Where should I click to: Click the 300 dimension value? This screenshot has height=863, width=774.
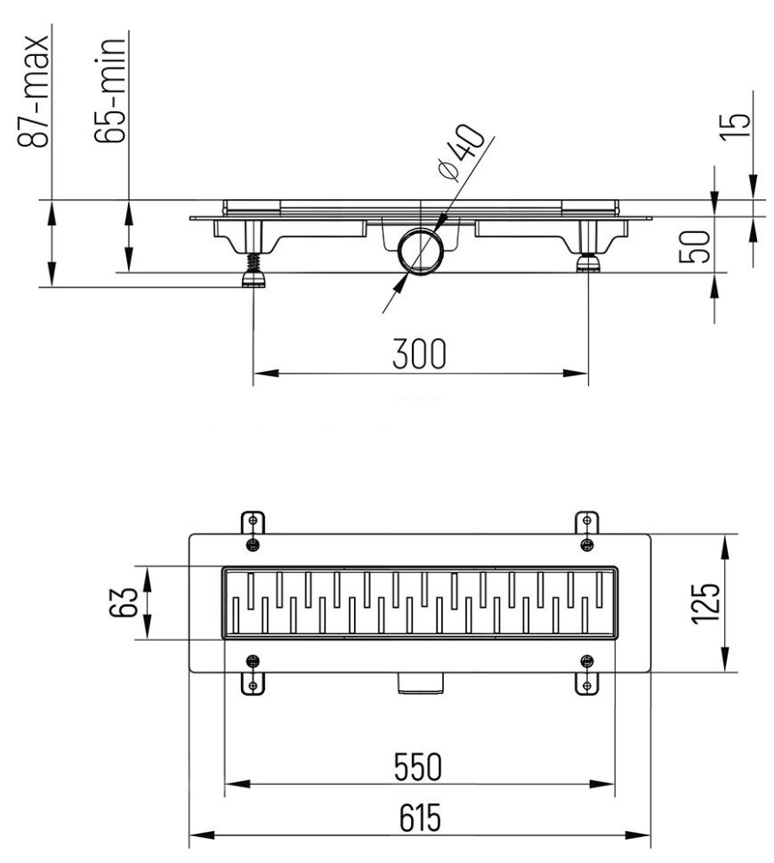pos(420,354)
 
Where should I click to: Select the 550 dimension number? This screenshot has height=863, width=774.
pos(419,766)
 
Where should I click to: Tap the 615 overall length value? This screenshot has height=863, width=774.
pos(419,817)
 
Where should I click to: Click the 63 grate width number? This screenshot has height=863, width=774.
pos(125,602)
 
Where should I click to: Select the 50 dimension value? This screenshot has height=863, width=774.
pos(699,246)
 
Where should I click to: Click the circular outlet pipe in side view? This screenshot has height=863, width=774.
pos(418,253)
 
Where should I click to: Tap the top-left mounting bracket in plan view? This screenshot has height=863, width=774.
pos(254,528)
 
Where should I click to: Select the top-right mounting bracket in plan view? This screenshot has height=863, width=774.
pos(585,528)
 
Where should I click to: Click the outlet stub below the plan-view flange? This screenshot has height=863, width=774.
pos(419,682)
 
